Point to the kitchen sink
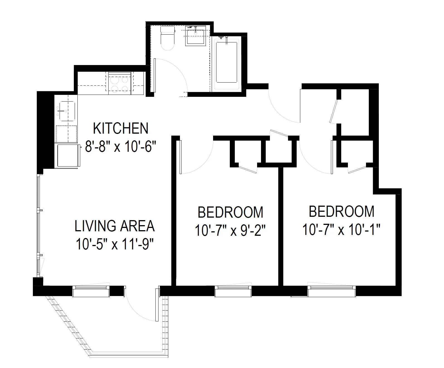[66, 111]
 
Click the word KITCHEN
[121, 128]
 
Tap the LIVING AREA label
[114, 226]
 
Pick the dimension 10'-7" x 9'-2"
[230, 231]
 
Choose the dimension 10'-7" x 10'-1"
[341, 230]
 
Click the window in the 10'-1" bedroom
[332, 291]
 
